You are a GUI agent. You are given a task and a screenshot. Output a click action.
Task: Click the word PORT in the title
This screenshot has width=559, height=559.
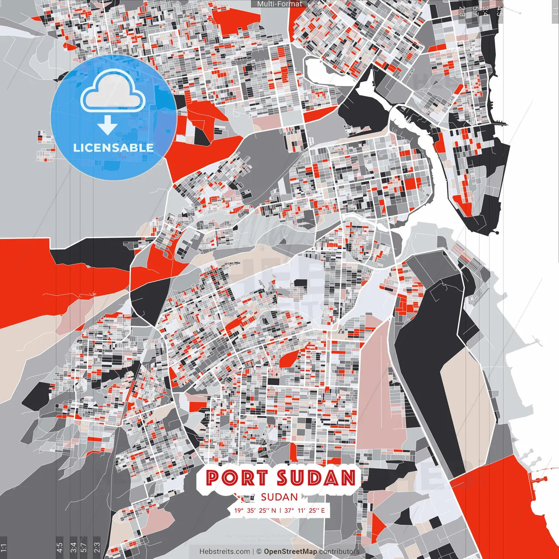coord(237,478)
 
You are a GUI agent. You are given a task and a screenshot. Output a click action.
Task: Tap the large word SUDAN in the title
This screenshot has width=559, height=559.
coord(316,478)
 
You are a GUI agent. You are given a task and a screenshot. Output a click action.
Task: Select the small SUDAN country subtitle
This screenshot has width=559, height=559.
coord(279,497)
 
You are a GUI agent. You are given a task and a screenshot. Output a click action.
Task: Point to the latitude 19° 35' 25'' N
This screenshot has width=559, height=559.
coord(255,510)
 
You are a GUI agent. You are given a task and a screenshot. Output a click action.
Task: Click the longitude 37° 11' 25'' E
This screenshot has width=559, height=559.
coord(305,510)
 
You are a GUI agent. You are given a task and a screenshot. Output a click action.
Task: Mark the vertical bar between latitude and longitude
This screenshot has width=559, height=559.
coord(280,510)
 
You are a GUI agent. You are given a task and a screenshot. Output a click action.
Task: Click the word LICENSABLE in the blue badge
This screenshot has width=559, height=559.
coord(114,148)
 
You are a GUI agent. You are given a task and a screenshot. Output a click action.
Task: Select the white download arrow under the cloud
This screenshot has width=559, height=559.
coord(107,126)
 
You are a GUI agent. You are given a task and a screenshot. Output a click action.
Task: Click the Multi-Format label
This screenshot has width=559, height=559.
coord(279,4)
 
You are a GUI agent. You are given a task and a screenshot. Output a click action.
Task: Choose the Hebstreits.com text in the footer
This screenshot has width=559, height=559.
coord(224,552)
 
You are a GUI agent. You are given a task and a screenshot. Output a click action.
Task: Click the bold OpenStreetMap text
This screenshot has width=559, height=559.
coord(290,552)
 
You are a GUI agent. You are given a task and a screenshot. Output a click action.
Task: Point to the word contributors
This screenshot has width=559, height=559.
coord(339,552)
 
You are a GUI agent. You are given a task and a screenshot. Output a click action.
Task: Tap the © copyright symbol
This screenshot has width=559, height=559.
coord(259,552)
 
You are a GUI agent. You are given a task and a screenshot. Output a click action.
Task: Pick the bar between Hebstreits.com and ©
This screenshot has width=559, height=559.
coord(253,552)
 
